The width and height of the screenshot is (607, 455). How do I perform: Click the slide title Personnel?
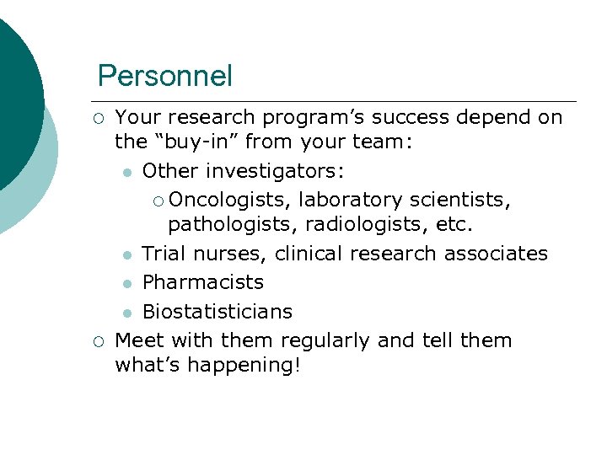tap(164, 76)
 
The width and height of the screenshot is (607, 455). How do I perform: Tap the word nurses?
tap(233, 254)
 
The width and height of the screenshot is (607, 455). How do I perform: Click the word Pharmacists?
tap(203, 282)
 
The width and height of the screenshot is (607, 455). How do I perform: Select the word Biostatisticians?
tap(218, 312)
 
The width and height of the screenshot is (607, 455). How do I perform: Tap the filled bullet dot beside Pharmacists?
tap(126, 283)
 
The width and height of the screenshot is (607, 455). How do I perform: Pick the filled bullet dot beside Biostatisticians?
tap(126, 313)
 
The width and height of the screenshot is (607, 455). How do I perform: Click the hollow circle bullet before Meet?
tap(99, 341)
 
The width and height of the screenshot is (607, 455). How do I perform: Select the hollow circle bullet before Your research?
tap(99, 118)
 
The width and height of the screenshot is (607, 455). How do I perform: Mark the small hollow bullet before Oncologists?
tap(158, 201)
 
